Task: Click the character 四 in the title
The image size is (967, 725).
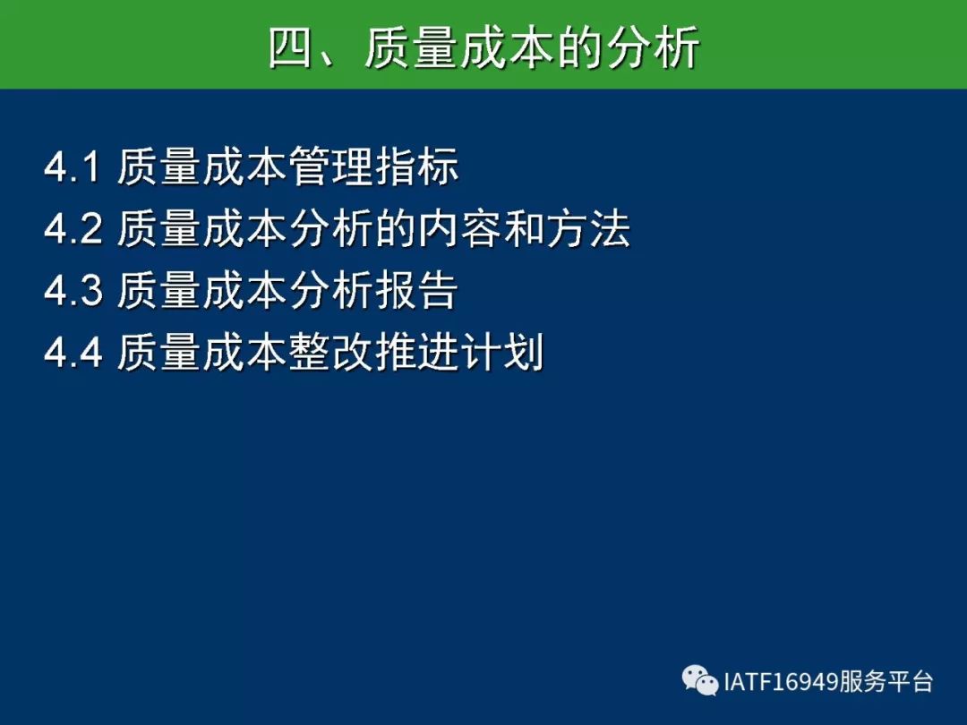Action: (x=291, y=47)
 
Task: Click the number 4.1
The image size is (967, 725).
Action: (x=72, y=166)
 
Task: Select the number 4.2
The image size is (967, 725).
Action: (x=73, y=228)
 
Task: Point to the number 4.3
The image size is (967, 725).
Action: (x=73, y=290)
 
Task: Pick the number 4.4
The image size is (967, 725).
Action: (x=73, y=352)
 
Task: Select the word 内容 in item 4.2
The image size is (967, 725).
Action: (x=460, y=229)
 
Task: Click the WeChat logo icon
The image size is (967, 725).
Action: (x=700, y=680)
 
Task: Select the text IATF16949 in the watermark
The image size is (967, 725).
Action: (x=781, y=682)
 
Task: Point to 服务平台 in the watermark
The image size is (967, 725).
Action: (x=886, y=681)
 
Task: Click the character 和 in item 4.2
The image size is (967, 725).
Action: (x=525, y=229)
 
